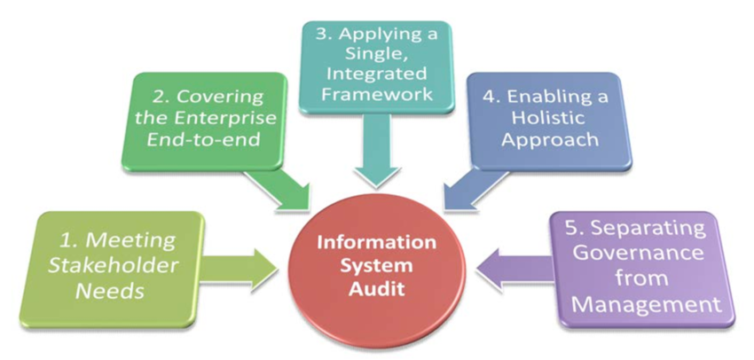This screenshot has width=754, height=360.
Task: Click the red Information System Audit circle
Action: pos(377,266)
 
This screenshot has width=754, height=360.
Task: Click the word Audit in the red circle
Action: pos(376,289)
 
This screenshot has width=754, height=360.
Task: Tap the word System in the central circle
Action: pos(377,266)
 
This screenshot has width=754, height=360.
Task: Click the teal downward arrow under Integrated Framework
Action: pos(377,150)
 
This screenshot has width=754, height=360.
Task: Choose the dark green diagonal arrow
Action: pos(278,190)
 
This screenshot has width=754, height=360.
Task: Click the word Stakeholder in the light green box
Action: pos(114,266)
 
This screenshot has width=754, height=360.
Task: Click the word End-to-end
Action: pos(203,139)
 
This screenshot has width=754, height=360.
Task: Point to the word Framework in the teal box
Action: pos(377,93)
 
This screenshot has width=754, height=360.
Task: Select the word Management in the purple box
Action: pos(644,305)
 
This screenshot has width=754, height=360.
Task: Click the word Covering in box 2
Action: pos(221,96)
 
